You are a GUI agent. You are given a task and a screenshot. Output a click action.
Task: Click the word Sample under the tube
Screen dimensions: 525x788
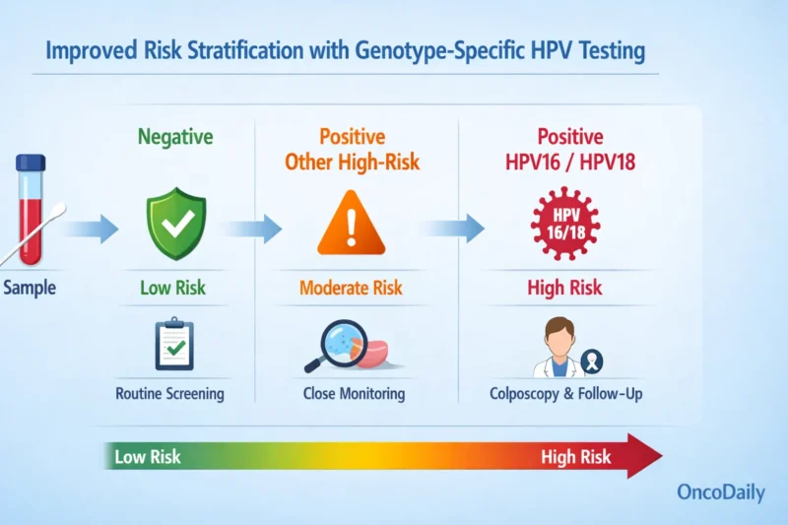point(30,289)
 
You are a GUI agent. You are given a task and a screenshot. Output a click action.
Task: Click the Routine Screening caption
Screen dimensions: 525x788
point(169,394)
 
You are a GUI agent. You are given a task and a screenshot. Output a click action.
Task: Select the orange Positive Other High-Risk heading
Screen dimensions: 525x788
point(352,149)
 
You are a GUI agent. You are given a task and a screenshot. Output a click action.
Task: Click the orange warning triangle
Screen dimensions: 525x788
point(352,227)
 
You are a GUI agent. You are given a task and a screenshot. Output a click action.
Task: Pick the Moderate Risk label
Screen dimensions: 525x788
point(353,289)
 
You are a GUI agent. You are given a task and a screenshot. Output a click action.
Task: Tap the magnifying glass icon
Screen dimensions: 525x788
point(336,345)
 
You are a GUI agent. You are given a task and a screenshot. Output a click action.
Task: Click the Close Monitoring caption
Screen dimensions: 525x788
point(353,394)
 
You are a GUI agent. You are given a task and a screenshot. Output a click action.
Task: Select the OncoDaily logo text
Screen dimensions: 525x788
point(720,492)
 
